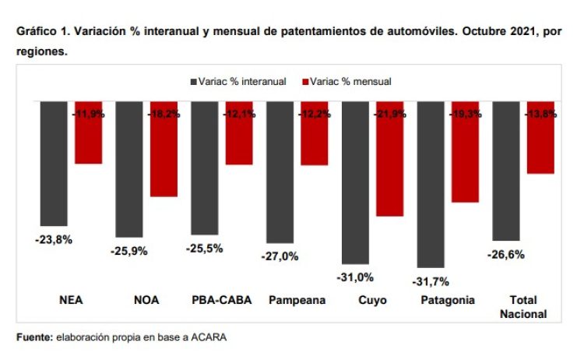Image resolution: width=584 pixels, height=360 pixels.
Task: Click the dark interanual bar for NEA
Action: pos(54,163)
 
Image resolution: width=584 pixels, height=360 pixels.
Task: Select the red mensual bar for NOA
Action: pos(164,148)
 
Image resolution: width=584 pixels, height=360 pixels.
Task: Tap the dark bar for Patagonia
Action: pos(431,184)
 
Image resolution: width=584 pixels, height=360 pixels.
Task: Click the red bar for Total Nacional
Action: pos(540,137)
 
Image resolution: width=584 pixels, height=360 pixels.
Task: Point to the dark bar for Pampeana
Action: pos(280,171)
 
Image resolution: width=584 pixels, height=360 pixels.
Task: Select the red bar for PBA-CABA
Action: pos(239,132)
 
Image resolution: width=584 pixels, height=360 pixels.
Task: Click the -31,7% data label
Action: pos(431,281)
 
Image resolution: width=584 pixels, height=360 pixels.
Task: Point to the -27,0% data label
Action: pos(280,256)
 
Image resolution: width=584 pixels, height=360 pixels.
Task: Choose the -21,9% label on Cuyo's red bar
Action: pos(389,114)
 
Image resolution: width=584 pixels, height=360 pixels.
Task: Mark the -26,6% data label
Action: pos(506,254)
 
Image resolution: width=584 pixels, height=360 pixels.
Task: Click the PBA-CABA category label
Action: pos(221,301)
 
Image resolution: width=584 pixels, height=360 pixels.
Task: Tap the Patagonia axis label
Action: pos(447,301)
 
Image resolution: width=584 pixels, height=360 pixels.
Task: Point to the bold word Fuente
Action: pos(33,337)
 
